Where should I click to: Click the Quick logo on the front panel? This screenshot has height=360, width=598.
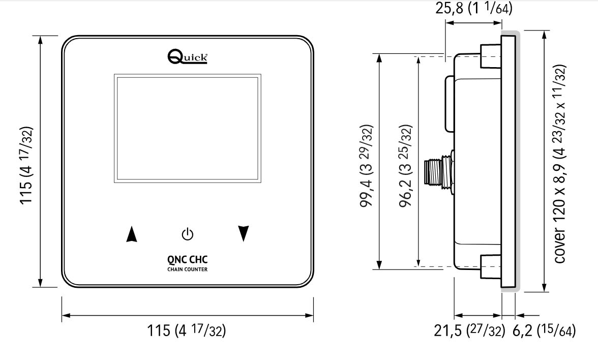pyautogui.click(x=187, y=56)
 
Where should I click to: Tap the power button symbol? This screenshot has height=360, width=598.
pyautogui.click(x=188, y=234)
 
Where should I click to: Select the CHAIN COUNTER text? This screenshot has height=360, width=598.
pyautogui.click(x=188, y=269)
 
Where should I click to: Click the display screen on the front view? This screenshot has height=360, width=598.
pyautogui.click(x=188, y=129)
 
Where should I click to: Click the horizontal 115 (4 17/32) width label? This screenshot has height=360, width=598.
pyautogui.click(x=187, y=331)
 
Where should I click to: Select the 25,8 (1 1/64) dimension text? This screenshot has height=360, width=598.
pyautogui.click(x=473, y=9)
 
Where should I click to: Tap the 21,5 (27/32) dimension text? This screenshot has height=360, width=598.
pyautogui.click(x=469, y=332)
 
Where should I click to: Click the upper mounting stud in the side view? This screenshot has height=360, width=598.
pyautogui.click(x=490, y=54)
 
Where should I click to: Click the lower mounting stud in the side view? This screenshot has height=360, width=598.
pyautogui.click(x=490, y=266)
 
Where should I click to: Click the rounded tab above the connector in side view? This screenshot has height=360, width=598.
pyautogui.click(x=449, y=103)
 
